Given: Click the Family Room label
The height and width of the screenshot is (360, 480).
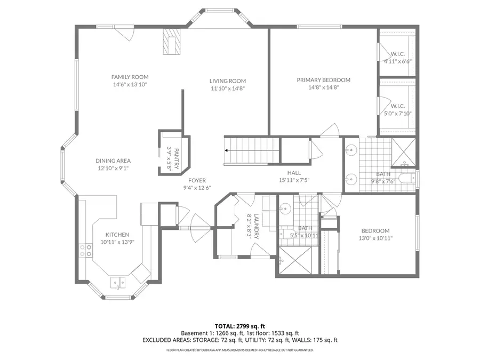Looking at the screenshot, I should pyautogui.click(x=130, y=77).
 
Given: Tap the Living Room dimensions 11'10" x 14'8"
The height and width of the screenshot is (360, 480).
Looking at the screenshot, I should pyautogui.click(x=227, y=89).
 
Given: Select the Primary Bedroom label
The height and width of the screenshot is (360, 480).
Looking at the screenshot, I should pyautogui.click(x=323, y=80).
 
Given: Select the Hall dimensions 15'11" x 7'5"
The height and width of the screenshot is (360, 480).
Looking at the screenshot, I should pyautogui.click(x=294, y=180).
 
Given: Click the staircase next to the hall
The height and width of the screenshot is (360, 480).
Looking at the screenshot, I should pyautogui.click(x=251, y=151).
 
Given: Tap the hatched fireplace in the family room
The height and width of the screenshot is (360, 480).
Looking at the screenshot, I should pyautogui.click(x=172, y=42).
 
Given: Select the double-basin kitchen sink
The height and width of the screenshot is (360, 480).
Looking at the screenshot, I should pyautogui.click(x=118, y=282).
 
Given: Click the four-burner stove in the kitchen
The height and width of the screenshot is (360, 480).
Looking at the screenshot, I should pyautogui.click(x=85, y=251).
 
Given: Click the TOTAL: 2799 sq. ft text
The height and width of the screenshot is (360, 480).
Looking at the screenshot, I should pyautogui.click(x=239, y=325).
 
